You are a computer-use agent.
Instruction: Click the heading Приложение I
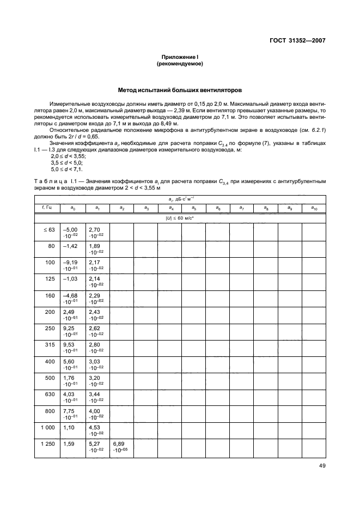click(180, 57)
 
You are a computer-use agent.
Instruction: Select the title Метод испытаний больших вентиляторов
click(180, 90)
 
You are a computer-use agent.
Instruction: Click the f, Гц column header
click(46, 208)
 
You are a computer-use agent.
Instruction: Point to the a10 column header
click(314, 208)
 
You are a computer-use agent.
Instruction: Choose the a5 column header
click(193, 208)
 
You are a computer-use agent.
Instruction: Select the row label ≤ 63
click(49, 230)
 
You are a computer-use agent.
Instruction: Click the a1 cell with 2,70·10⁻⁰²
click(97, 233)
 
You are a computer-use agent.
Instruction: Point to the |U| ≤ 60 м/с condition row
click(180, 218)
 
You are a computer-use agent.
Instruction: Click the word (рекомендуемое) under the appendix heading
click(180, 63)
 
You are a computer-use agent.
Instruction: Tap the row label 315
click(50, 345)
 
